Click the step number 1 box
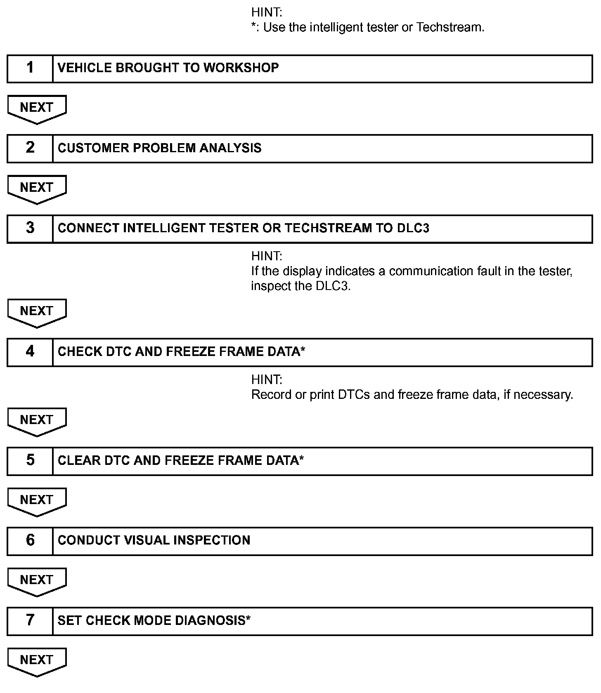coord(30,68)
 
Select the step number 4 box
coord(30,352)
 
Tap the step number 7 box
coord(30,621)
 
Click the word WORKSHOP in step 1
coord(241,68)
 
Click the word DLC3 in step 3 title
coord(413,228)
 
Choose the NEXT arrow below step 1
coord(37,108)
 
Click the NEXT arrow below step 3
coord(37,312)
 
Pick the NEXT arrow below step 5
coord(37,501)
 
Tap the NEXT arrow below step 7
coord(37,661)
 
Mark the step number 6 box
coord(30,541)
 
